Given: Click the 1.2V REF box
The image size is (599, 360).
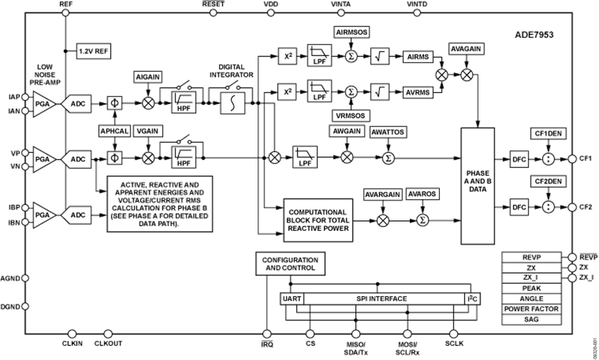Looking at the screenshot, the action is pos(94,51).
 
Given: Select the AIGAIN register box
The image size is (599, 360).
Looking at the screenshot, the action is pos(148,77).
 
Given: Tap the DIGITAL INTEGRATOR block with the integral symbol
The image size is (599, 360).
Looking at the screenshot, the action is pos(233,103).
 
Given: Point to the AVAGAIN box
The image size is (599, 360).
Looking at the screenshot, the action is pos(466,49).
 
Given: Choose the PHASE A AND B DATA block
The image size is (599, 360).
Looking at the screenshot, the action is pos(477,186).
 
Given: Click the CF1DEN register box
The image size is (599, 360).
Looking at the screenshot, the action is pos(548,134).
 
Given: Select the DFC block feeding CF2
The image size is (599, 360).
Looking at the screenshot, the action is pos(519,208).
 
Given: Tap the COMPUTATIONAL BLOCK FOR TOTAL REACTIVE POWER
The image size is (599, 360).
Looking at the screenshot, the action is pos(318,220).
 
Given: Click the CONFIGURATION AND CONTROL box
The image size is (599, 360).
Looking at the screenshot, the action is pos(290,264).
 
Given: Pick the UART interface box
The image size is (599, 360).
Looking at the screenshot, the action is pos(292,299).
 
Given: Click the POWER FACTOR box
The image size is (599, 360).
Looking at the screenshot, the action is pos(531,309).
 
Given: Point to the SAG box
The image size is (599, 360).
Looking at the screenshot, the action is pos(531,319).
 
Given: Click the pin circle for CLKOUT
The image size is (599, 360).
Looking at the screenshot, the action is pos(108,334).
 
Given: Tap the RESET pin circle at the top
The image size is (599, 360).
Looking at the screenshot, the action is pos(213,13).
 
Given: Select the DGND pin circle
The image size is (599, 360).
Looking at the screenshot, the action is pos(25,306).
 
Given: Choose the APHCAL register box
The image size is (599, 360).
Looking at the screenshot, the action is pos(114,131).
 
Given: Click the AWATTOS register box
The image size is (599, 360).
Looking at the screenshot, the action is pos(388,132).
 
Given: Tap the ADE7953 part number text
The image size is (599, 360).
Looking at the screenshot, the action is pos(534,35).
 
